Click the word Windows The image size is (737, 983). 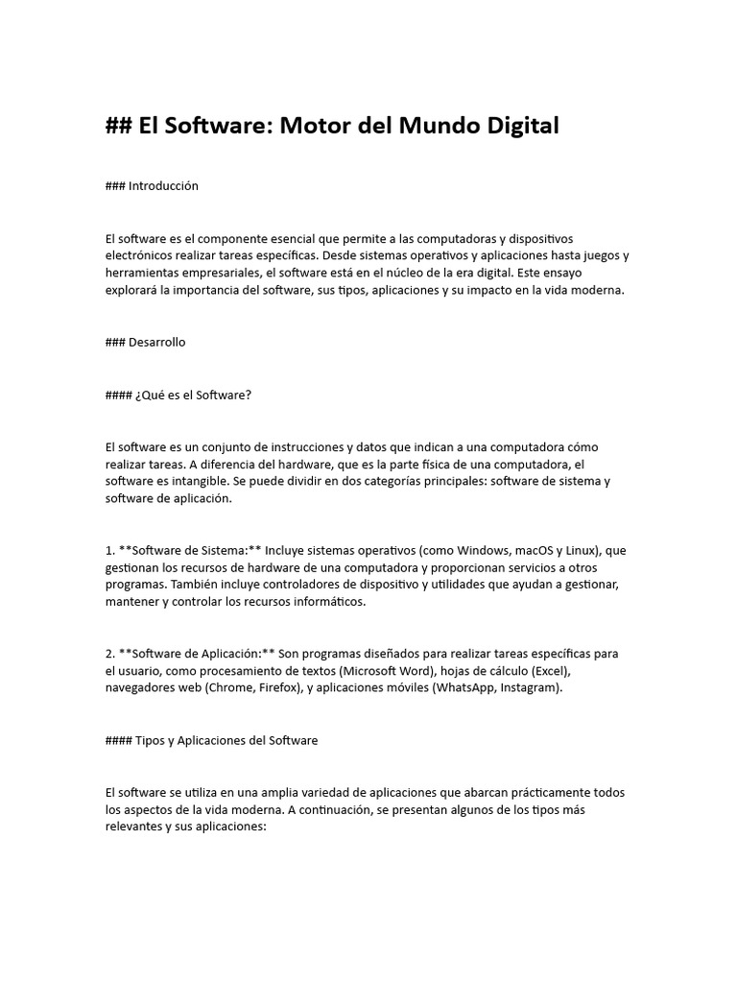pyautogui.click(x=459, y=550)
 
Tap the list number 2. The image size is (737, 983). pyautogui.click(x=109, y=654)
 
